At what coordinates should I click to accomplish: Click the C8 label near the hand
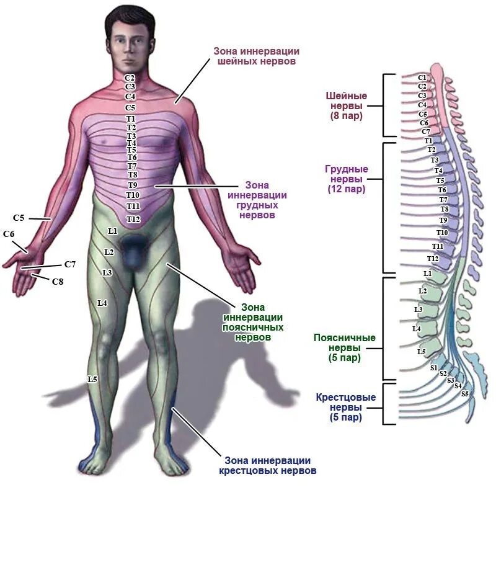(x=57, y=282)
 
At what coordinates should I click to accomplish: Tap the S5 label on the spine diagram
(x=465, y=394)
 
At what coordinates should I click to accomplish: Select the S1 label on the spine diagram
(x=434, y=368)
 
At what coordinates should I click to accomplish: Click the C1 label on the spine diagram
(x=422, y=78)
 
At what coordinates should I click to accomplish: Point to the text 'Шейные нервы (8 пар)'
(x=346, y=105)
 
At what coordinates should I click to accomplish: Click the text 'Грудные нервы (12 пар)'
(x=347, y=179)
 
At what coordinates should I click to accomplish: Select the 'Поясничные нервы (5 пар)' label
(x=345, y=347)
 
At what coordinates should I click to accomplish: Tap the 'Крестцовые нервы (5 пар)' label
(x=346, y=407)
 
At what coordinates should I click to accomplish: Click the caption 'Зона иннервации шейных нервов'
(x=255, y=56)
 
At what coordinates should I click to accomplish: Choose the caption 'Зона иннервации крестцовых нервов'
(x=267, y=465)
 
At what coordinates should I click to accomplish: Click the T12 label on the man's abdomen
(x=133, y=219)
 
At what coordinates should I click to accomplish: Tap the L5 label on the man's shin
(x=92, y=378)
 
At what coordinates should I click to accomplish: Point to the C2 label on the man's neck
(x=130, y=78)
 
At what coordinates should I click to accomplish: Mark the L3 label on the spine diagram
(x=418, y=309)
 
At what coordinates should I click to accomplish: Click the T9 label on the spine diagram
(x=443, y=220)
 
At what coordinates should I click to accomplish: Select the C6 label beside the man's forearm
(x=9, y=234)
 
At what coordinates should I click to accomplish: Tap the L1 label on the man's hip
(x=112, y=231)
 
